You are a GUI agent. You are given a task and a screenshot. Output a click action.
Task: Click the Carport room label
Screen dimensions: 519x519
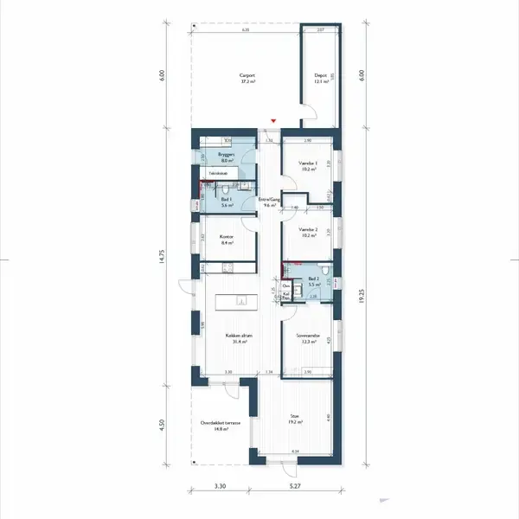tap(247, 76)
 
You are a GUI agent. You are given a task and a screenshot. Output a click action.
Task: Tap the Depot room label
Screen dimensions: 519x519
tap(319, 76)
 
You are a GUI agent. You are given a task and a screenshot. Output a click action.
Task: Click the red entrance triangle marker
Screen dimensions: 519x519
tap(274, 120)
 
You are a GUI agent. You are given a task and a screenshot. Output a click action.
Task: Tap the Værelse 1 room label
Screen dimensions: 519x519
tap(308, 163)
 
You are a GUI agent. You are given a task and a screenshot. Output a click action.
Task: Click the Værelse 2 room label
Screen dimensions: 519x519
tap(308, 230)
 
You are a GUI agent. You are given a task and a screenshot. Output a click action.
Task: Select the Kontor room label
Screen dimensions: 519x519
tap(227, 240)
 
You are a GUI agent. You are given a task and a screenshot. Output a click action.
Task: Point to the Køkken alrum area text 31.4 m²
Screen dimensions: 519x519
tap(240, 343)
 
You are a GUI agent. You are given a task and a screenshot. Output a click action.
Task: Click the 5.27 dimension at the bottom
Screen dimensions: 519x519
tap(296, 486)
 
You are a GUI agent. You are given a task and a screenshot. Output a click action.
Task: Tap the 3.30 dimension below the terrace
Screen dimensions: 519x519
tap(220, 486)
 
